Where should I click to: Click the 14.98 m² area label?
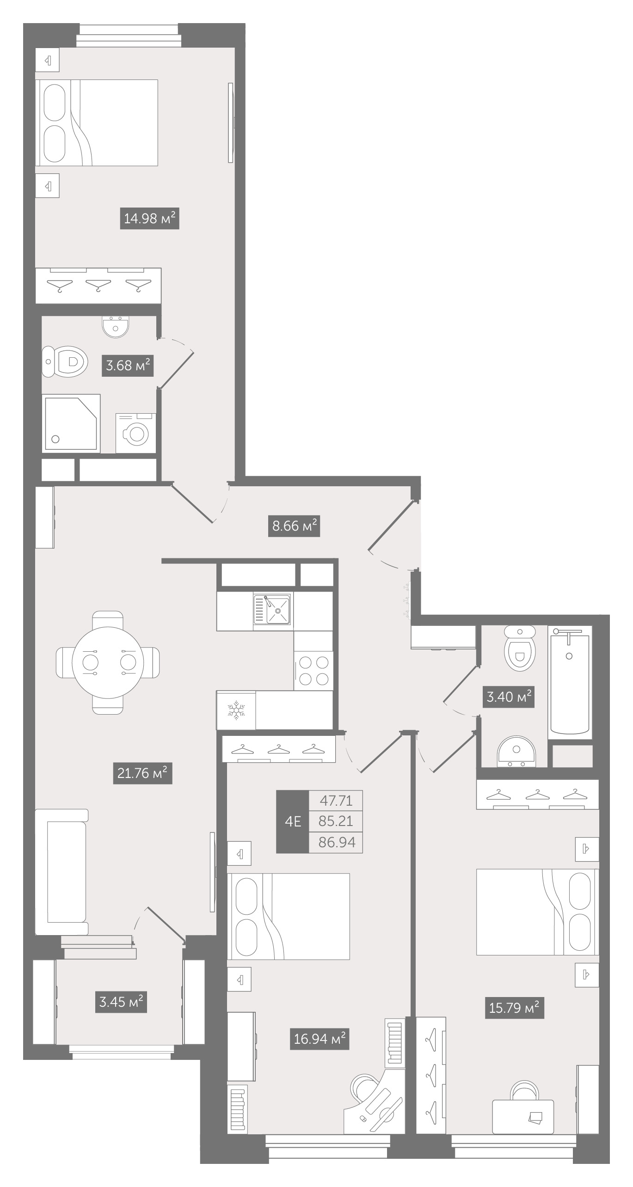point(150,218)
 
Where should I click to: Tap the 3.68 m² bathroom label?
point(127,366)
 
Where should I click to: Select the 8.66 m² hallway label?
point(294,526)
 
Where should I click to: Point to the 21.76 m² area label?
point(142,773)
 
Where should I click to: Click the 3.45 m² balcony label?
point(121,1002)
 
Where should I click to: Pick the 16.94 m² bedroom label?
point(320,1039)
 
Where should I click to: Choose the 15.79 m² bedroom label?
point(515,1007)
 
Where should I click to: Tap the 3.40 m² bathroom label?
point(509,697)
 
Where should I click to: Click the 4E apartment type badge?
point(293,821)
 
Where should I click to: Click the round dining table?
point(108,662)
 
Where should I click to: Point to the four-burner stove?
point(313,671)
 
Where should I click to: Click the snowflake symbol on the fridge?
point(236,710)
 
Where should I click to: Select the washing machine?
point(135,433)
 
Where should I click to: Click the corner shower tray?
point(71,423)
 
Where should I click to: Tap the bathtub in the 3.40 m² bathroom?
point(570,683)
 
